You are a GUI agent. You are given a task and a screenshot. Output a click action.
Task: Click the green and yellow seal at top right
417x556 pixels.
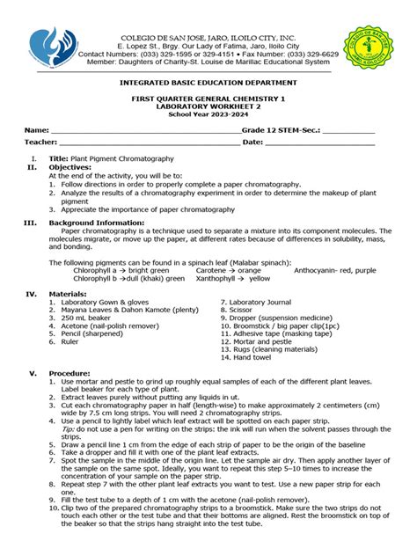tap(369, 45)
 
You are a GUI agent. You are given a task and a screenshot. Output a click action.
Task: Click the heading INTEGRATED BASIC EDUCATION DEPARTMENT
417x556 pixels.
tap(208, 81)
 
